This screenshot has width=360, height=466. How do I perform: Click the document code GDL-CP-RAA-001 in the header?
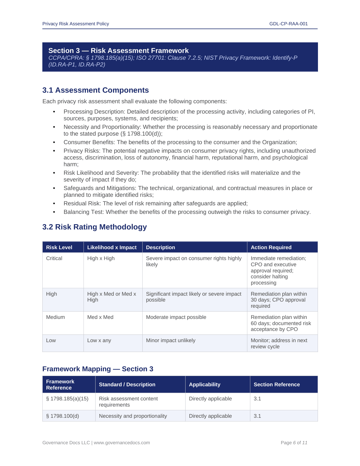click(288, 24)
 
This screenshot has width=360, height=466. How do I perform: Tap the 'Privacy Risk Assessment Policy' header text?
click(76, 24)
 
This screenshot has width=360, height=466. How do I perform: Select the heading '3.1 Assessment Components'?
click(96, 90)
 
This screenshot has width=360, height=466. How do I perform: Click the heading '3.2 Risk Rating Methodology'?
click(94, 227)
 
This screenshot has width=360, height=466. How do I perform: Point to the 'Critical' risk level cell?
click(54, 258)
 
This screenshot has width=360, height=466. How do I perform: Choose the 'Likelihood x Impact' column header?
click(112, 247)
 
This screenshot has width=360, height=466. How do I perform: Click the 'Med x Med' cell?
click(100, 317)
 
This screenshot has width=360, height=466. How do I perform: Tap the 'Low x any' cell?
click(99, 340)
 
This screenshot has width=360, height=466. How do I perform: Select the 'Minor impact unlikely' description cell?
click(171, 340)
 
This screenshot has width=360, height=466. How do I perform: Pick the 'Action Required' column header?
click(271, 247)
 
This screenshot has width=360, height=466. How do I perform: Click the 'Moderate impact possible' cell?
click(176, 317)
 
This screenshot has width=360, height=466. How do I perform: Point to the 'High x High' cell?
click(101, 258)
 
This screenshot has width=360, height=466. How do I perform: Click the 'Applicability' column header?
click(204, 385)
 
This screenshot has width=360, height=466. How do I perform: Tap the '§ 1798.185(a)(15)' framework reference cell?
click(67, 399)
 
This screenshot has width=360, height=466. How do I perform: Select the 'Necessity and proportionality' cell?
click(133, 416)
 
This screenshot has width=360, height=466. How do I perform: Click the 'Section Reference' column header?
click(276, 385)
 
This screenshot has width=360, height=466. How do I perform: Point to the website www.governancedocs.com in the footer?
click(122, 443)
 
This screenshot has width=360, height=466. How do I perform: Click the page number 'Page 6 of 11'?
click(294, 443)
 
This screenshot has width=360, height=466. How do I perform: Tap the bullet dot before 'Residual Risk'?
click(54, 204)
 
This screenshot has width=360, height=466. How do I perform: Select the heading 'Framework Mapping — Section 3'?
click(98, 369)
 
